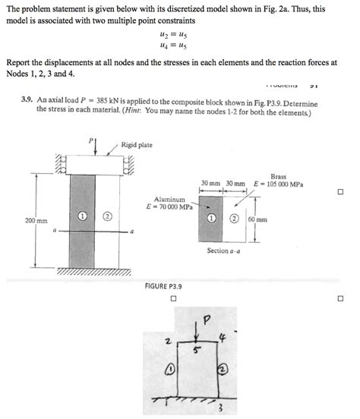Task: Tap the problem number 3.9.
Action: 27,99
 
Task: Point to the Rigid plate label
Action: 137,145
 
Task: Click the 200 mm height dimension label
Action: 36,221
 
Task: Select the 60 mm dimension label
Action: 257,219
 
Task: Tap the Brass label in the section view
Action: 279,177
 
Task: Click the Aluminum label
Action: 169,200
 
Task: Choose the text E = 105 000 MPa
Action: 279,184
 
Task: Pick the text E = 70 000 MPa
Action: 169,206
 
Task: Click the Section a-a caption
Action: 223,250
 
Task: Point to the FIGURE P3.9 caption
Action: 163,286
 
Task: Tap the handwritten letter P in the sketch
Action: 207,320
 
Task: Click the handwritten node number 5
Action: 196,350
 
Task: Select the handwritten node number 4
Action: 223,338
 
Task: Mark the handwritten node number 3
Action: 221,408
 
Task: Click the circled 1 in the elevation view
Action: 82,216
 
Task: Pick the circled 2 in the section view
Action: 234,219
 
